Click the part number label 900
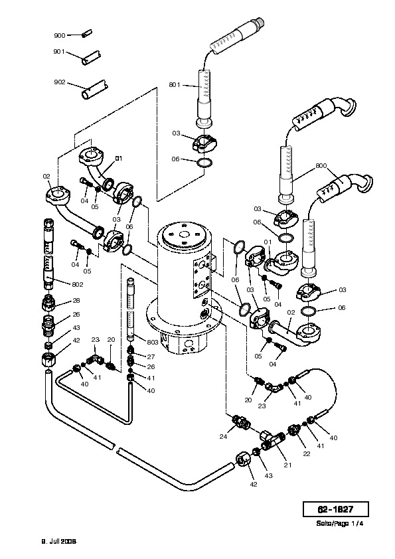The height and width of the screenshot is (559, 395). (x=60, y=35)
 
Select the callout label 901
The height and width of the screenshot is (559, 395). (x=59, y=52)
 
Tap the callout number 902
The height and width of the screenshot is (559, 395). (x=60, y=82)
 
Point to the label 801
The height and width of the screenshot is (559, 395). (x=175, y=85)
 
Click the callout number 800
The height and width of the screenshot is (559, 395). (x=321, y=166)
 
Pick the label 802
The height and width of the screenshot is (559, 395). (x=78, y=284)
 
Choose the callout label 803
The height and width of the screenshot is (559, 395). (x=152, y=343)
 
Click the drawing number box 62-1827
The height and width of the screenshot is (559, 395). (x=335, y=509)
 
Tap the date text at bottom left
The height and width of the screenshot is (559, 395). (x=59, y=542)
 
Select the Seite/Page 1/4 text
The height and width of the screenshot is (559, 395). (x=339, y=524)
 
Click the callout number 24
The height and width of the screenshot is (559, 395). (x=223, y=436)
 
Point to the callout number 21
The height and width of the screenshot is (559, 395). (x=287, y=465)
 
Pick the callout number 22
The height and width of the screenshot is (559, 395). (x=307, y=454)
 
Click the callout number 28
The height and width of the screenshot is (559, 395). (x=76, y=301)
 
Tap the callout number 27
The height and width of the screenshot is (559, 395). (x=151, y=357)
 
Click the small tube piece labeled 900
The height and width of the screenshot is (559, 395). (x=86, y=34)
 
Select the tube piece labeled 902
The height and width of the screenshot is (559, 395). (x=94, y=90)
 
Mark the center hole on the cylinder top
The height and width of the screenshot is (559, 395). (x=185, y=234)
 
